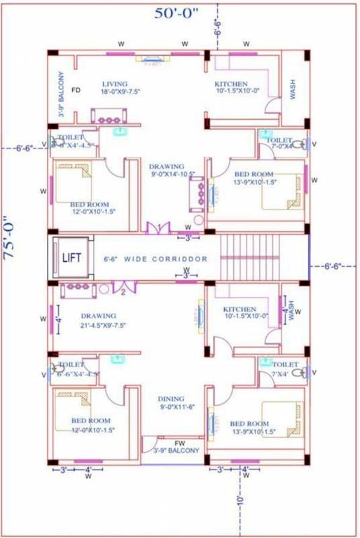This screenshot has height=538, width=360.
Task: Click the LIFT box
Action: (71, 258)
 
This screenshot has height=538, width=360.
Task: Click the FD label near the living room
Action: (76, 90)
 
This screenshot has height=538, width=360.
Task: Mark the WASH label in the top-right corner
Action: (293, 88)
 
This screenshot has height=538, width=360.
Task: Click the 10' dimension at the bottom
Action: (240, 500)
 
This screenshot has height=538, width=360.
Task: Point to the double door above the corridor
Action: (157, 228)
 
